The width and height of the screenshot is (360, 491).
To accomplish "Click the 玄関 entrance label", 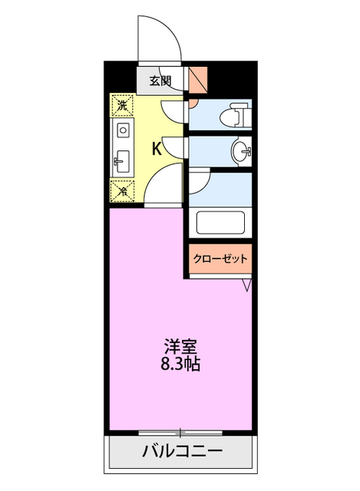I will tap(160, 80).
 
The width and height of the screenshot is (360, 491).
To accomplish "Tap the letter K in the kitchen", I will tap(156, 148).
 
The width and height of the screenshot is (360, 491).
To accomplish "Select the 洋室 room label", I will tap(181, 346).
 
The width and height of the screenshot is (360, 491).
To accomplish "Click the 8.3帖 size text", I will tap(181, 364).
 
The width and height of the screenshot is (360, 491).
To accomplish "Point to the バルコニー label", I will tap(181, 450).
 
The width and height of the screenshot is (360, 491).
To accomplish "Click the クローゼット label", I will tap(220, 259).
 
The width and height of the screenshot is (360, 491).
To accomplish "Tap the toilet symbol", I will tap(233, 117).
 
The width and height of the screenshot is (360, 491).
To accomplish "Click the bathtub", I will tap(220, 222).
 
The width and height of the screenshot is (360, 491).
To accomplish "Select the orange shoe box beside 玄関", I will tap(197, 78).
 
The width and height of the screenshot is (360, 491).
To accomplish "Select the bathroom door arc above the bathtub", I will tap(198, 181).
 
